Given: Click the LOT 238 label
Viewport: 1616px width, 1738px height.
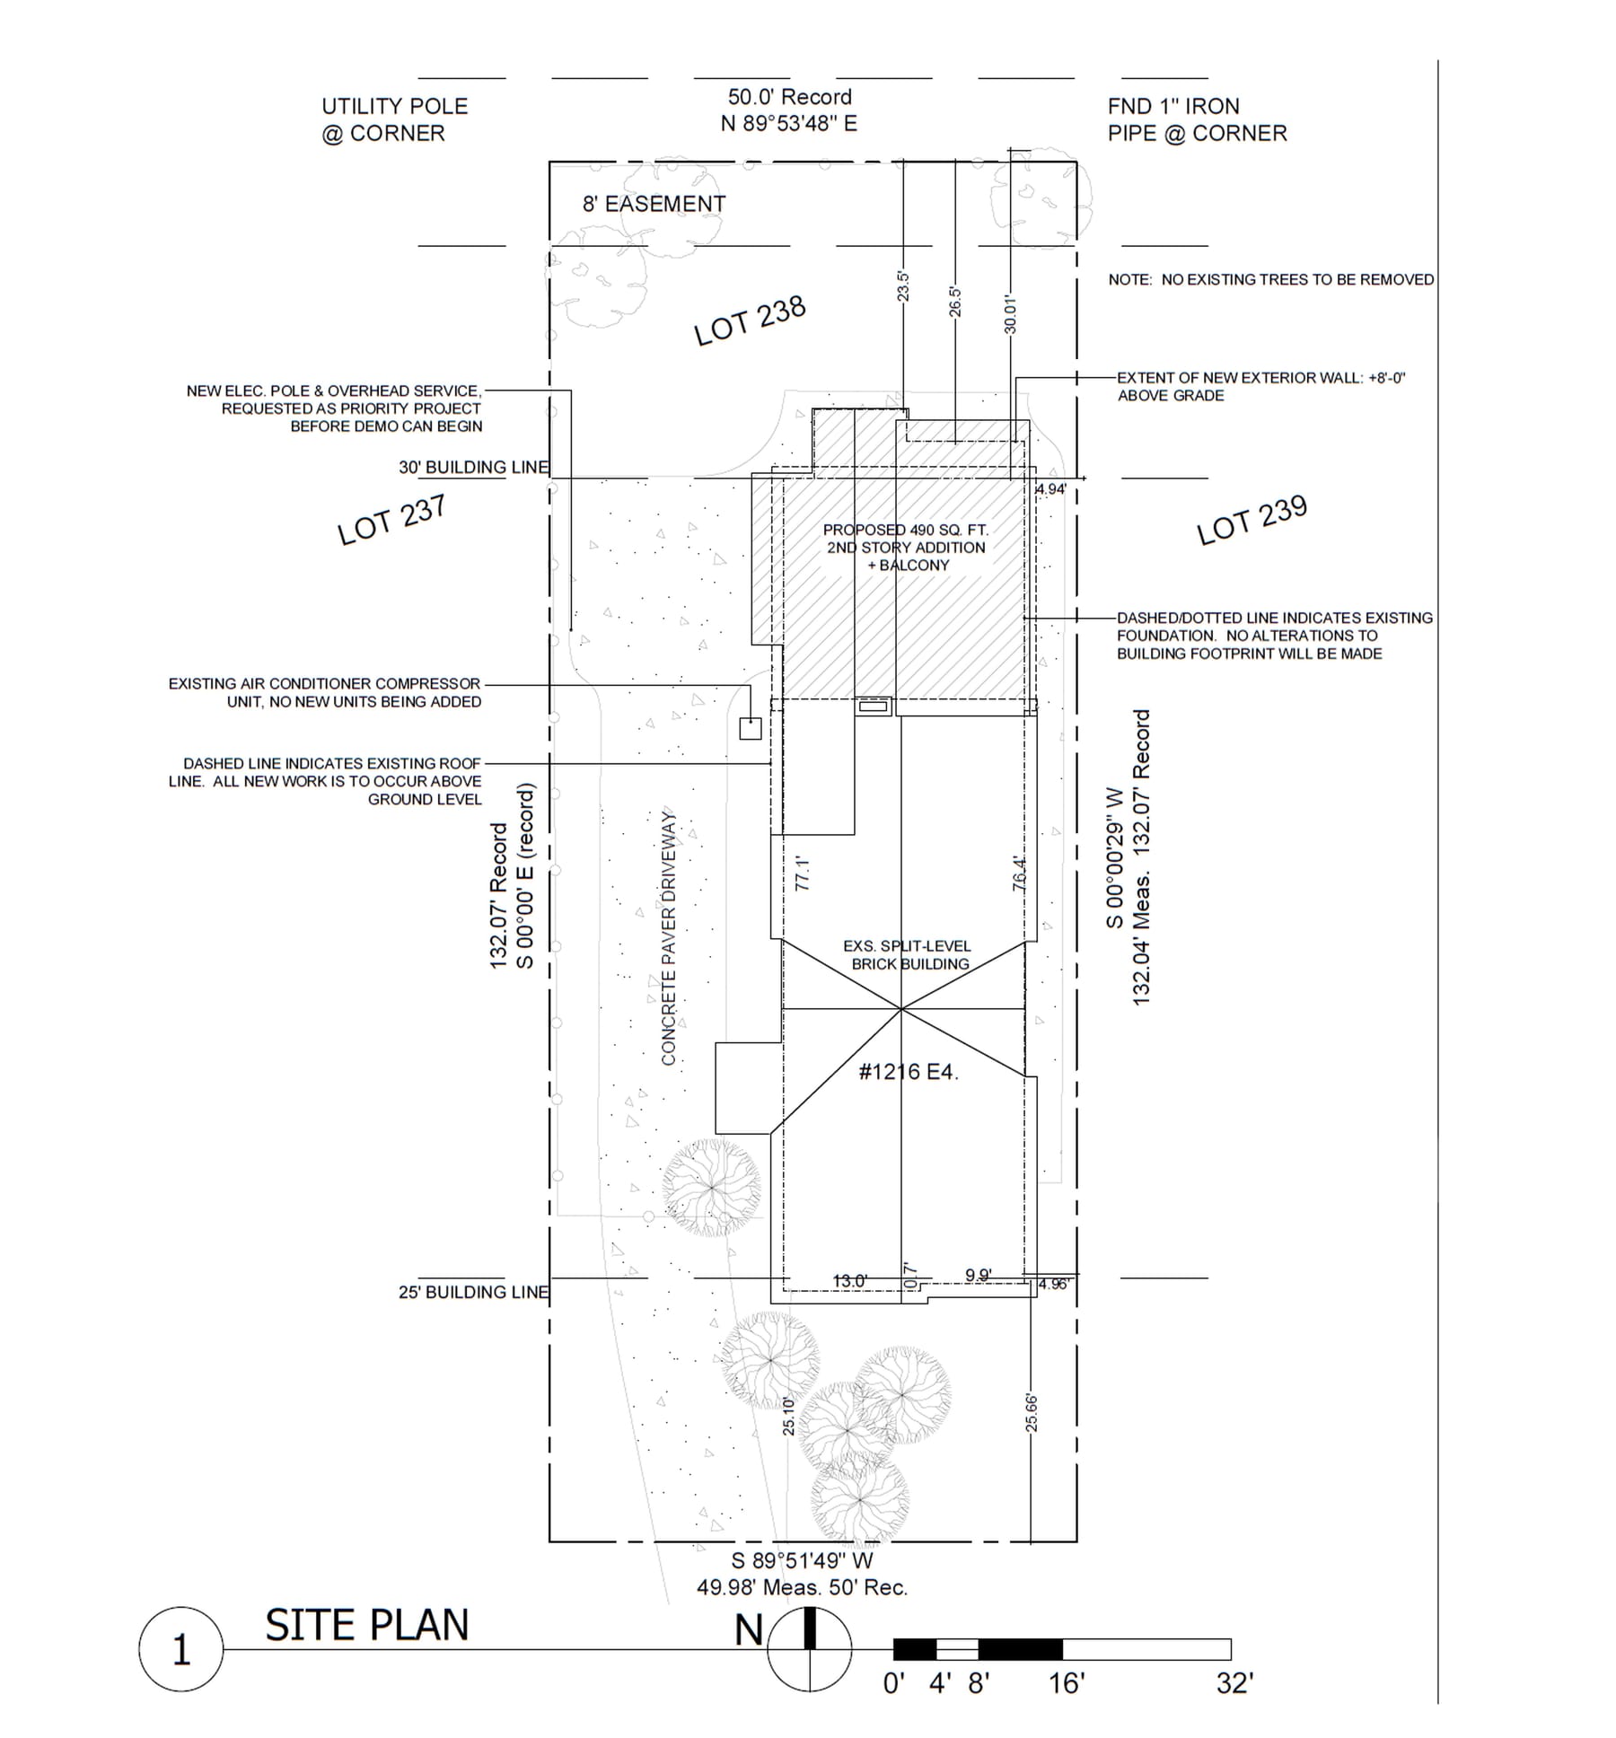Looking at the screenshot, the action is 750,320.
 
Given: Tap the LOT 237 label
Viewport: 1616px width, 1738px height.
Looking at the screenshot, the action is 391,520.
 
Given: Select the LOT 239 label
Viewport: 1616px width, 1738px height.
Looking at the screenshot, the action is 1252,520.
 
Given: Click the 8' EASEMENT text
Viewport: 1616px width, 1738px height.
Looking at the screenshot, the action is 654,204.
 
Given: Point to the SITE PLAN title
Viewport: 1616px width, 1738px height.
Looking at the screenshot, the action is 367,1625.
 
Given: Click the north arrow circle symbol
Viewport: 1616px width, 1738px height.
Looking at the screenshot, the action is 809,1649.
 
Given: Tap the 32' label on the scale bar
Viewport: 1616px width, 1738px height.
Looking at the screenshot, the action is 1234,1683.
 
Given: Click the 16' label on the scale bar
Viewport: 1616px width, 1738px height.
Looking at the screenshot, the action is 1067,1683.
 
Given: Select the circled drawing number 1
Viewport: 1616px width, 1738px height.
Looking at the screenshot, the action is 181,1650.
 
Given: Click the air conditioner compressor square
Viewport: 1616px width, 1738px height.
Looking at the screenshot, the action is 751,728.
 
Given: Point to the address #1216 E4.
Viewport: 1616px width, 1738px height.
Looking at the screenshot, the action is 909,1071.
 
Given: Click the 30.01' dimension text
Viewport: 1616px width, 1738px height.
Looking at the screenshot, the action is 1010,314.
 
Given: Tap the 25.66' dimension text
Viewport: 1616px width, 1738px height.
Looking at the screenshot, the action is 1032,1413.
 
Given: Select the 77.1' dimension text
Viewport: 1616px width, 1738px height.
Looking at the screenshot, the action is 803,873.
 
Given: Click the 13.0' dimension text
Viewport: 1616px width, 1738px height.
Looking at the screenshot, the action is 850,1281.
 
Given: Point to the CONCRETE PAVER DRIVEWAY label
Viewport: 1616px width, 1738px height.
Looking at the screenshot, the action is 668,937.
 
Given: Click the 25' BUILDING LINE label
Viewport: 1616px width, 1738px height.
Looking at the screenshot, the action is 473,1292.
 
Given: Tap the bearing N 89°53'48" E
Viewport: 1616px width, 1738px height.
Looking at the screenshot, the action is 789,123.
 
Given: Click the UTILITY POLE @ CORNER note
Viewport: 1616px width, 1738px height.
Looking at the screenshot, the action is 395,119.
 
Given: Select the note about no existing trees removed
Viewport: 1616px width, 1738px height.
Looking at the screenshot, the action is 1271,280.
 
